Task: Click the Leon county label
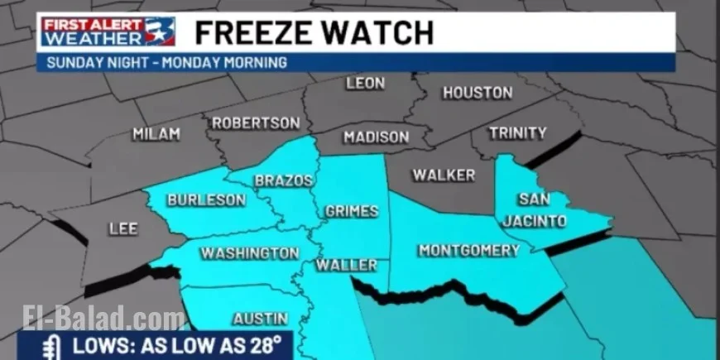click(365, 84)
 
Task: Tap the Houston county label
click(478, 94)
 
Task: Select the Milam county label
click(156, 134)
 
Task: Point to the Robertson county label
click(255, 122)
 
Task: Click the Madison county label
click(376, 137)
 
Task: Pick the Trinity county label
click(518, 132)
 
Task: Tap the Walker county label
click(444, 175)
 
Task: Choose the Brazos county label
click(284, 180)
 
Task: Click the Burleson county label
click(206, 200)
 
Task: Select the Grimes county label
click(352, 211)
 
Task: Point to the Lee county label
click(123, 229)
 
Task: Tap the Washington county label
click(250, 253)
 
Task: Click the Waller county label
click(347, 266)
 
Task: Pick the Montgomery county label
click(468, 250)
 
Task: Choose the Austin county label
click(260, 319)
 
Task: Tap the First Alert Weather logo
click(108, 32)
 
